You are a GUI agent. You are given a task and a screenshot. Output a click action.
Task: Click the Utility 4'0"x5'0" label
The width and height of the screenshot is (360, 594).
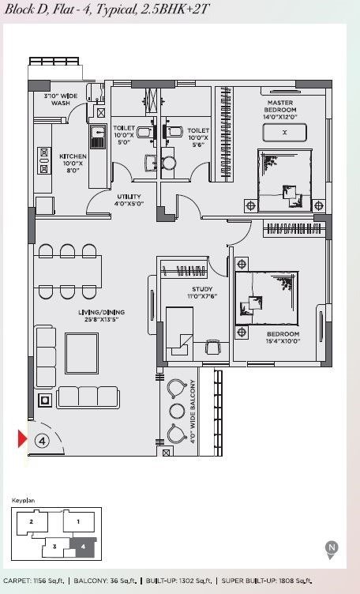click(129, 200)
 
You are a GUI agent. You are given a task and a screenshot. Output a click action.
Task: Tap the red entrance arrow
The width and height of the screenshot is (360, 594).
click(22, 438)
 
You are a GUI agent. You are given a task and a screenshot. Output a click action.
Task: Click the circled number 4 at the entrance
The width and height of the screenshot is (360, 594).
click(42, 441)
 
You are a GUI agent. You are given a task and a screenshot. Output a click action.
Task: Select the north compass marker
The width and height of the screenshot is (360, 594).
click(332, 549)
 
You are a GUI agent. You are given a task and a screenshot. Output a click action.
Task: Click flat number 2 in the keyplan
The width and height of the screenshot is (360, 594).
click(31, 521)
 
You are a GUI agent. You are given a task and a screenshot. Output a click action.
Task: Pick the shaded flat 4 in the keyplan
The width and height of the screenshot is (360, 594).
click(83, 547)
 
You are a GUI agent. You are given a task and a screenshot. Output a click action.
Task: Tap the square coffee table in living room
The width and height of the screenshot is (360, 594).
click(82, 353)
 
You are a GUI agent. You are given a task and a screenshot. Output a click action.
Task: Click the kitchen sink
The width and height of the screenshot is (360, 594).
click(98, 137)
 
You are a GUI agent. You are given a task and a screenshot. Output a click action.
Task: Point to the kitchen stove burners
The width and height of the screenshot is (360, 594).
click(44, 160)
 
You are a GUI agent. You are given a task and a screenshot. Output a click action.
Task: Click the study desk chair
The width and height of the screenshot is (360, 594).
click(212, 347)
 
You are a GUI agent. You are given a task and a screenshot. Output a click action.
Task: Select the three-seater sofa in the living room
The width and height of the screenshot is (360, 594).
click(88, 397)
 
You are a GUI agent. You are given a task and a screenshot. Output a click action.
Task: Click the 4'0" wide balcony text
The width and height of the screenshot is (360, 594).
click(193, 412)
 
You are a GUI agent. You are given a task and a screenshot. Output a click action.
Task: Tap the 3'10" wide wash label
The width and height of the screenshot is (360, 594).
click(61, 100)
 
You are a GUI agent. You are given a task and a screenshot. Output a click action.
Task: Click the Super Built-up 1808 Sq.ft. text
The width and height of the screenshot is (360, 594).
click(268, 581)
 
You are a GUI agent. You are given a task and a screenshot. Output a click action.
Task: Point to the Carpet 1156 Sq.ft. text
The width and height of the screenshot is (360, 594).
click(34, 581)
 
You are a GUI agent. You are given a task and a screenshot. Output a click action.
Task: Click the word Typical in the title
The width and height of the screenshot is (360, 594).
click(116, 9)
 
